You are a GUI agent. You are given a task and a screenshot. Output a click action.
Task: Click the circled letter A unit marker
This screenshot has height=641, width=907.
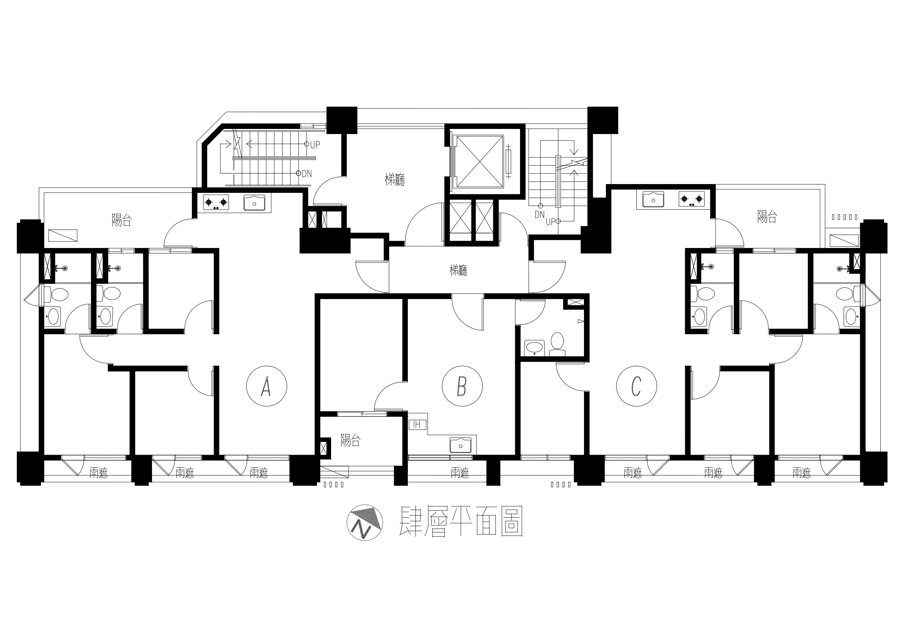[x=266, y=386]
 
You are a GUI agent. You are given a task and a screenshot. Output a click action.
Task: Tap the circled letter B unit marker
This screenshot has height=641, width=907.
[x=462, y=386]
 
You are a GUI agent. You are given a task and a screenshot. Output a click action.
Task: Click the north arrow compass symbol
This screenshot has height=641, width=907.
[x=365, y=523]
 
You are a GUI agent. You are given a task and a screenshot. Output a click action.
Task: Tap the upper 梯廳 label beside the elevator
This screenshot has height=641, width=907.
[x=395, y=180]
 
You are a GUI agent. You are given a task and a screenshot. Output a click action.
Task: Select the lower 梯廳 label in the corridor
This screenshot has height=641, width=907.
[x=459, y=271]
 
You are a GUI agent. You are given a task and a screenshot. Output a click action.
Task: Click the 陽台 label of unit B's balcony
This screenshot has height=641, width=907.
[x=350, y=440]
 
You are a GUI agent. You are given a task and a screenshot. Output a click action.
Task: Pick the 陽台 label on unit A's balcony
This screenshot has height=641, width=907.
[x=121, y=220]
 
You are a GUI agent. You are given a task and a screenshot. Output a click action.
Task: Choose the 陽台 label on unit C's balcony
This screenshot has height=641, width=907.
[x=767, y=217]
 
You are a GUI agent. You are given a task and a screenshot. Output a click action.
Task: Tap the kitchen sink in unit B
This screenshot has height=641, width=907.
[x=460, y=445]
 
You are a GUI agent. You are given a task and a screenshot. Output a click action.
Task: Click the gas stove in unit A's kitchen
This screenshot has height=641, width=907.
[x=216, y=203]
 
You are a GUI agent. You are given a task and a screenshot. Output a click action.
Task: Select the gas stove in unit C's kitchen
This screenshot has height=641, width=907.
[x=692, y=199]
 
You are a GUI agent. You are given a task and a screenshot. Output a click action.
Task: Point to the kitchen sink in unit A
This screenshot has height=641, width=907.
[x=254, y=203]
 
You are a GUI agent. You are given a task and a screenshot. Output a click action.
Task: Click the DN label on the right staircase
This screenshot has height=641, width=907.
[x=540, y=214]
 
